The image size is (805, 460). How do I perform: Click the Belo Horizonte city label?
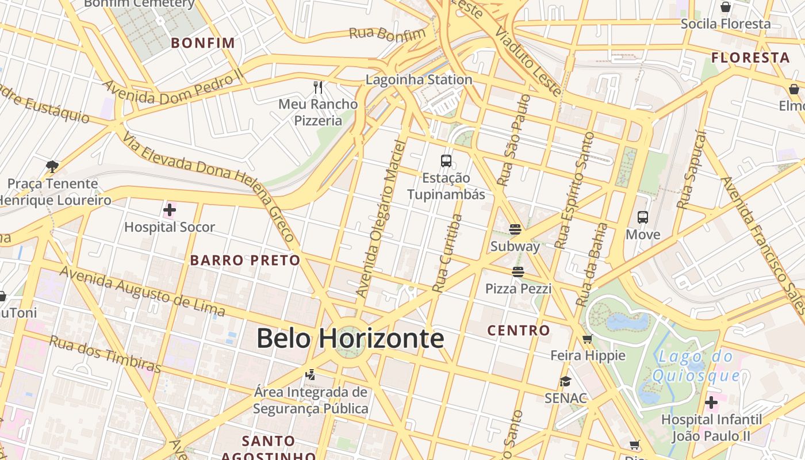(x=350, y=338)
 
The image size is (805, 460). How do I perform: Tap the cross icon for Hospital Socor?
(x=170, y=210)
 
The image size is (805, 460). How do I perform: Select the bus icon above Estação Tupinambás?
(x=446, y=161)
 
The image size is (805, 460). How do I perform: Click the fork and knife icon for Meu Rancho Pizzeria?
(x=318, y=87)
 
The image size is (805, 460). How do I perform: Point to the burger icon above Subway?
(x=515, y=230)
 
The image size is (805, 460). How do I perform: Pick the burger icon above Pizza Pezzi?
(x=518, y=272)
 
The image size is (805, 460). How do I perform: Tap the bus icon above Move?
(x=643, y=218)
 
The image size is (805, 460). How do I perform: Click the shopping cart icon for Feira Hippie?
(x=587, y=339)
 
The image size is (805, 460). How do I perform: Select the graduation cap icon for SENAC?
(x=565, y=382)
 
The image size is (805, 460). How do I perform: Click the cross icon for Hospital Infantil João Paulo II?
(x=711, y=402)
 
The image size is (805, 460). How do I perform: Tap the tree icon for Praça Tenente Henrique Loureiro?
(x=52, y=167)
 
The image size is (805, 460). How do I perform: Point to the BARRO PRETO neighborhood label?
(x=245, y=260)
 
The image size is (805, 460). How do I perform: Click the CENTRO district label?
(x=519, y=331)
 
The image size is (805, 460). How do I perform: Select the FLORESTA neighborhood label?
(x=750, y=58)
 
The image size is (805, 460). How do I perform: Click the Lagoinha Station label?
(x=419, y=80)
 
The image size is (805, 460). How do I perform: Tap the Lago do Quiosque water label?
(x=696, y=366)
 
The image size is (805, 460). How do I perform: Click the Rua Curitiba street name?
(x=448, y=254)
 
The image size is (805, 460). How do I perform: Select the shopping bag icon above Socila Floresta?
(x=726, y=7)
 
